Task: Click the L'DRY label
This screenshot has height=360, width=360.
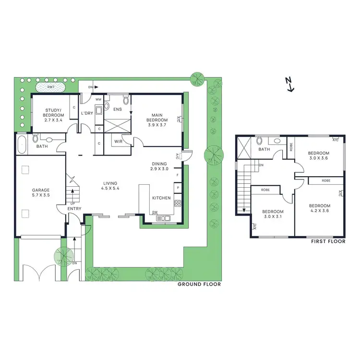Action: pyautogui.click(x=86, y=113)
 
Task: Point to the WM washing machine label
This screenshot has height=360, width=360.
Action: pyautogui.click(x=98, y=99)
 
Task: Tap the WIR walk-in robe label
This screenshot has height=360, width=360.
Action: pyautogui.click(x=118, y=141)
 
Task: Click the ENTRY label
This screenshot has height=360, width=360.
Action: pyautogui.click(x=74, y=208)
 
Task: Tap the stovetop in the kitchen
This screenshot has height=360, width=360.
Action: pyautogui.click(x=177, y=203)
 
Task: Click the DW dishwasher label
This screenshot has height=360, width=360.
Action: pyautogui.click(x=155, y=213)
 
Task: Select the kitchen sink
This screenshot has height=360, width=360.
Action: pyautogui.click(x=164, y=219)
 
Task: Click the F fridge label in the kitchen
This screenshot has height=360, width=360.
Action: pyautogui.click(x=178, y=175)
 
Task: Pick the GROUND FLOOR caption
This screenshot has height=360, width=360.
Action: pyautogui.click(x=199, y=284)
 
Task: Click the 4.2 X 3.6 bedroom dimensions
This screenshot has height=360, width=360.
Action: pyautogui.click(x=319, y=210)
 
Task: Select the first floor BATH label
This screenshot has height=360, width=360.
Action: pyautogui.click(x=264, y=149)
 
